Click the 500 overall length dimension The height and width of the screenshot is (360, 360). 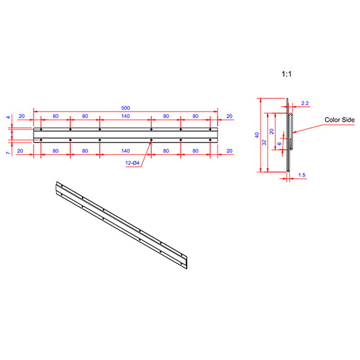(x=125, y=108)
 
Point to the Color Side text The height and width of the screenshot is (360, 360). (x=340, y=120)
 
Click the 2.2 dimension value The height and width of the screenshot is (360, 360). (x=304, y=104)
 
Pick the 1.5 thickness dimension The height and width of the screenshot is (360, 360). (x=301, y=175)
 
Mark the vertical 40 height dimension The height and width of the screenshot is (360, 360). (x=257, y=135)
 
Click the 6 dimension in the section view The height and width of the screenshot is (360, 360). (x=280, y=144)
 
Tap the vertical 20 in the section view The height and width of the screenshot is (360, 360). (x=272, y=131)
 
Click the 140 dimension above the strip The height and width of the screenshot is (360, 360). (x=125, y=116)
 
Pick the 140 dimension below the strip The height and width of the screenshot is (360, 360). (x=125, y=152)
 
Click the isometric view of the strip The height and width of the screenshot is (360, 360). (x=123, y=225)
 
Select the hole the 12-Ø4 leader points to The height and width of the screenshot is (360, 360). (x=151, y=140)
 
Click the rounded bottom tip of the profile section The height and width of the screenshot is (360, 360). (x=289, y=171)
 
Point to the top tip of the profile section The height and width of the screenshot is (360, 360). (x=288, y=99)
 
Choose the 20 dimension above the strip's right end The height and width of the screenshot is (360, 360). (x=229, y=116)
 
